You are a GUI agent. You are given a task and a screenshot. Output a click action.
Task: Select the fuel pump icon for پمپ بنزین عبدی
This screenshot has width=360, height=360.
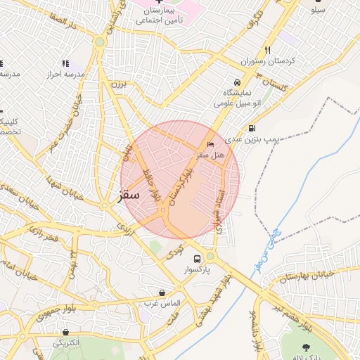pos(252,129)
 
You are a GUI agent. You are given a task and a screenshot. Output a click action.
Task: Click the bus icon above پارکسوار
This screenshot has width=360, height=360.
pos(198,258)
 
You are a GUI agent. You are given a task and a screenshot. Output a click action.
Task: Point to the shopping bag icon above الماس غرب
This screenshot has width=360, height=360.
pos(162,292)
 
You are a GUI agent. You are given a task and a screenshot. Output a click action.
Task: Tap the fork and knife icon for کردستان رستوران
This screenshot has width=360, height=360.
pos(267,50)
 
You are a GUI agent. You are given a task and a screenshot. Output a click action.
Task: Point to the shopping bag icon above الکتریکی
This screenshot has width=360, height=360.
pos(65,332)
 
